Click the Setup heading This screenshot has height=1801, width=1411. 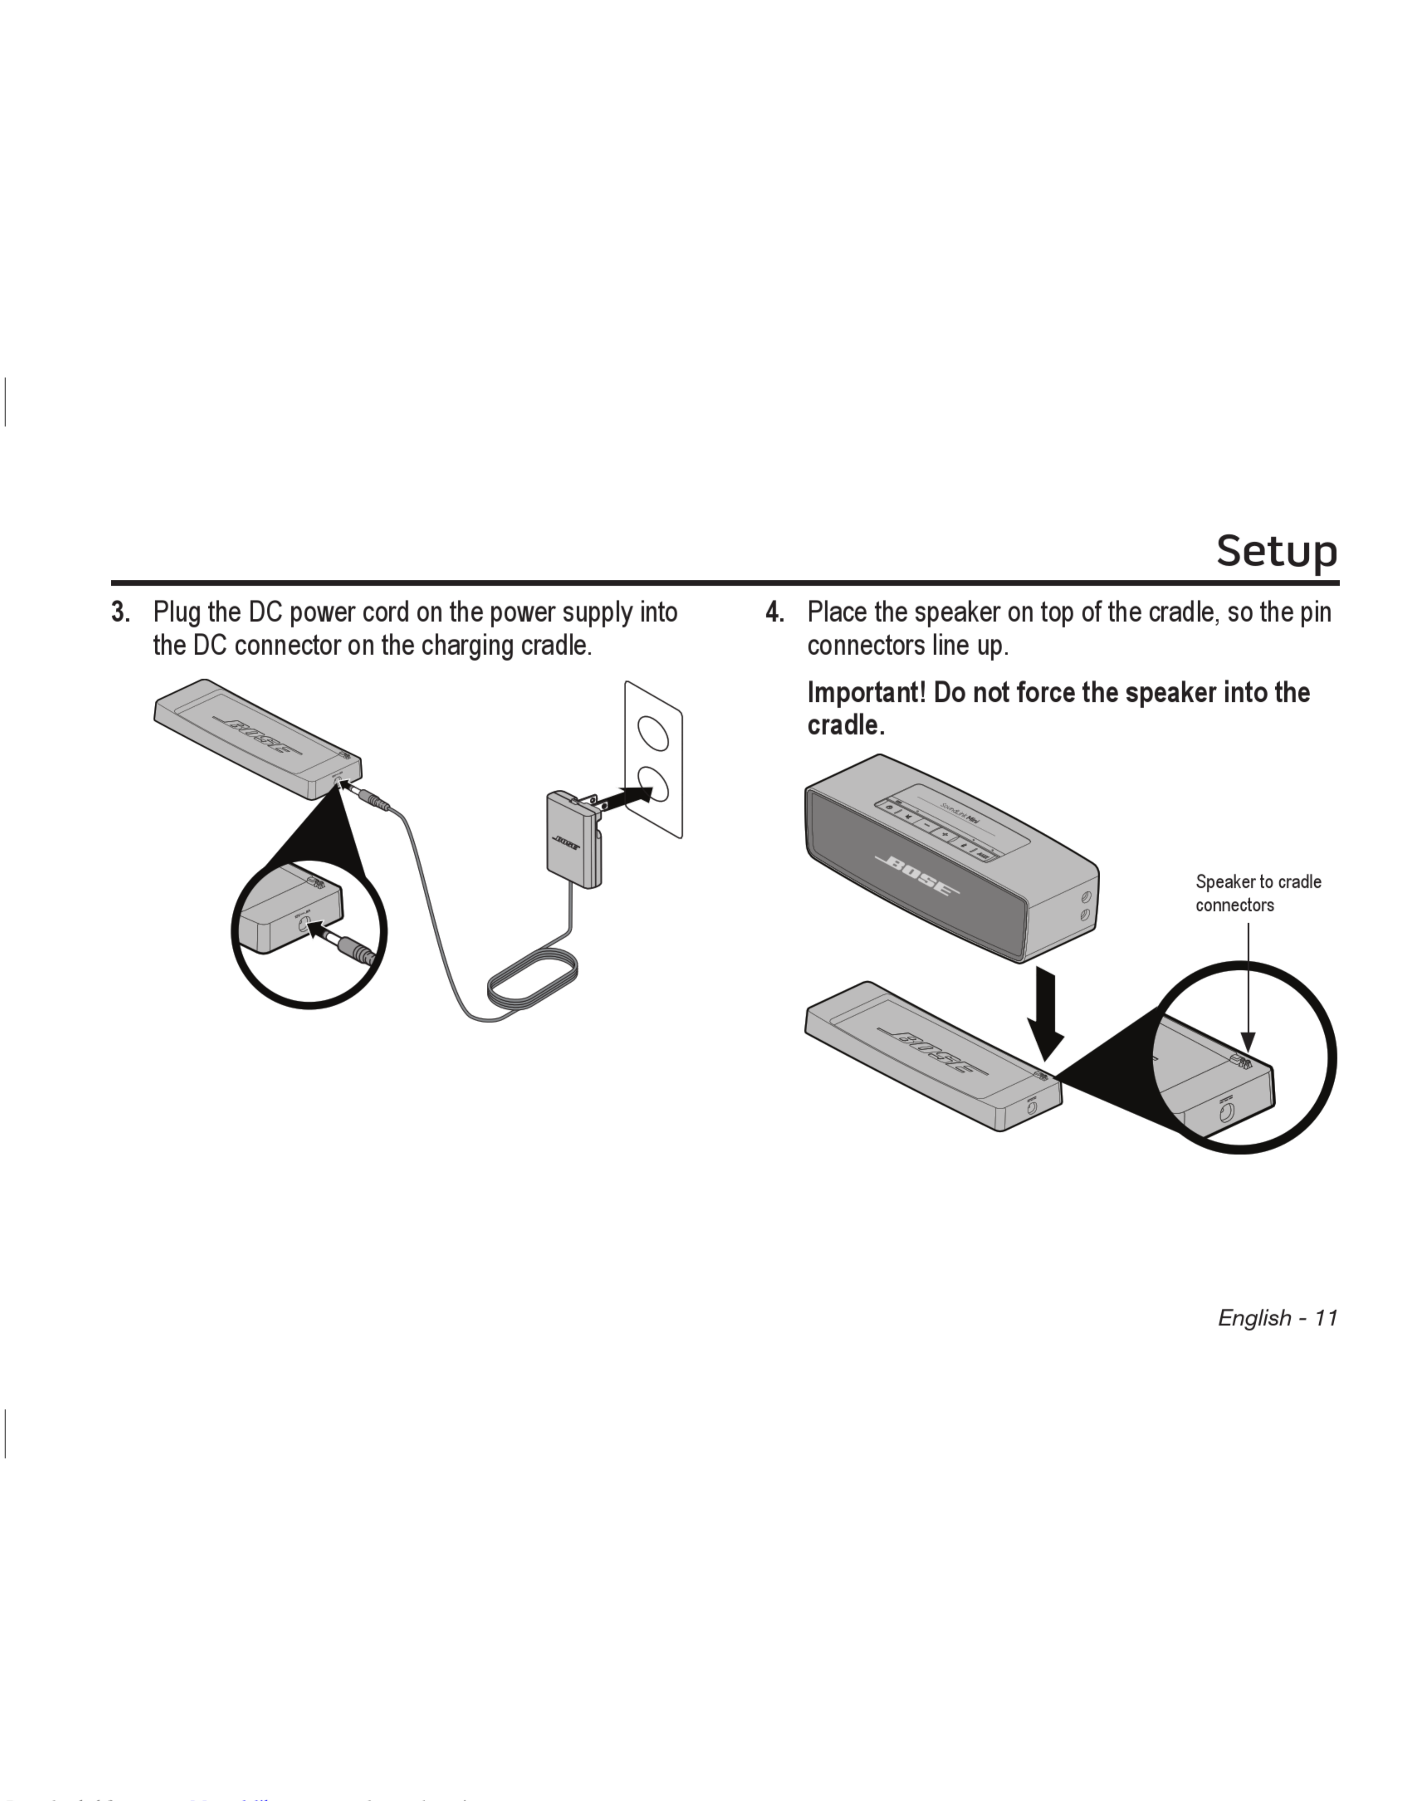coord(1277,551)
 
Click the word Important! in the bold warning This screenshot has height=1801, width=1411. coord(866,692)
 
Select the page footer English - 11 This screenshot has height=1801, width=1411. coord(1277,1318)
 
